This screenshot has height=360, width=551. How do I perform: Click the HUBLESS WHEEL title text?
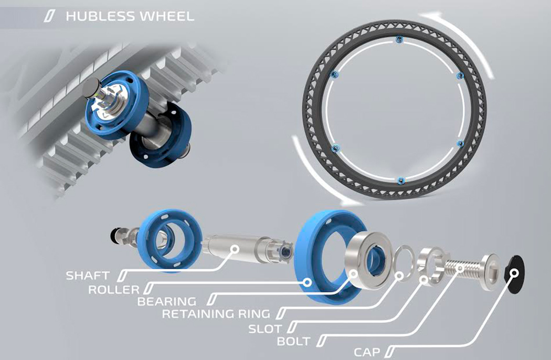click(129, 16)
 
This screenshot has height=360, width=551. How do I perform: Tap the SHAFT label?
click(88, 275)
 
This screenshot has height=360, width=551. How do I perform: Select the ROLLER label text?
click(114, 289)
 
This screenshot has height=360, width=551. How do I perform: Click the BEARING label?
click(166, 302)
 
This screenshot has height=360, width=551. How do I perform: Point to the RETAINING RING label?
click(216, 314)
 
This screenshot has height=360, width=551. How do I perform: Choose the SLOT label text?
click(265, 329)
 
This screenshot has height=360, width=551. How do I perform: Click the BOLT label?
click(294, 342)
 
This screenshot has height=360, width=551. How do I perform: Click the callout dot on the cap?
click(514, 273)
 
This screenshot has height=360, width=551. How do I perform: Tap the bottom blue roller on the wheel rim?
click(400, 180)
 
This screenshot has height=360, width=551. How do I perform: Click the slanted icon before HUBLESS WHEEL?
click(51, 16)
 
